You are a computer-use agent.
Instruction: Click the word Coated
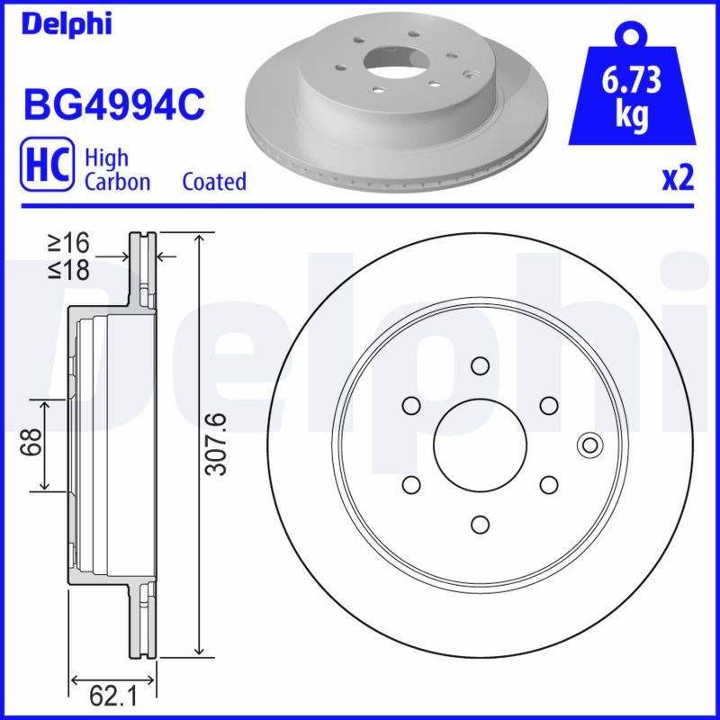click(214, 182)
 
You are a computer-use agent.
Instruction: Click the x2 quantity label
click(678, 179)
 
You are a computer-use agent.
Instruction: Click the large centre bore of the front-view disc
click(479, 444)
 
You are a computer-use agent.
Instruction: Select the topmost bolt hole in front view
click(479, 364)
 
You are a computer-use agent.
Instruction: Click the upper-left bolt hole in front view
click(411, 405)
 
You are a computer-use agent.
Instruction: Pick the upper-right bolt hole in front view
click(547, 405)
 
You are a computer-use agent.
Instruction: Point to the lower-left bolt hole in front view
click(411, 484)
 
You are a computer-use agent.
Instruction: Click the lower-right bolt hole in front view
click(547, 484)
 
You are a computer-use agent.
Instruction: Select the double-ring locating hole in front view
click(589, 444)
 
